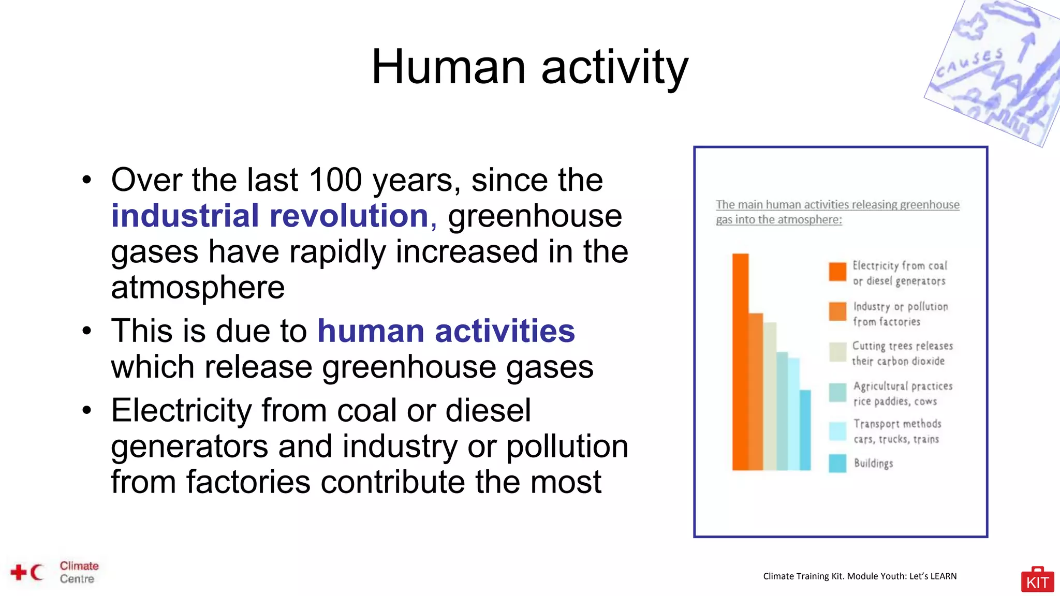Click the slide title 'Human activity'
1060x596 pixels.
pyautogui.click(x=529, y=67)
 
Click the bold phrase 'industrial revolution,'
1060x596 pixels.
pyautogui.click(x=274, y=216)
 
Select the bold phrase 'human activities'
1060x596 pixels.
pyautogui.click(x=446, y=331)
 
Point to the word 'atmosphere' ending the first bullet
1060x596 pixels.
pyautogui.click(x=198, y=288)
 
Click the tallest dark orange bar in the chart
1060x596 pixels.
pyautogui.click(x=740, y=362)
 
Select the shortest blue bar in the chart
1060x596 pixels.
pyautogui.click(x=805, y=429)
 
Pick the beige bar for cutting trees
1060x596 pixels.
pyautogui.click(x=770, y=396)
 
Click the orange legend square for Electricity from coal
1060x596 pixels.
pyautogui.click(x=837, y=272)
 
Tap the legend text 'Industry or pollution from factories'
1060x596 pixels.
pyautogui.click(x=900, y=314)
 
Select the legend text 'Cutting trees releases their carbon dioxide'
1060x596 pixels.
pyautogui.click(x=902, y=353)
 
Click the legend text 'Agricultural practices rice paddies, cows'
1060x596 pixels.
pyautogui.click(x=902, y=394)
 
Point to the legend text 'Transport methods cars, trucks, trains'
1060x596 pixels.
pyautogui.click(x=896, y=431)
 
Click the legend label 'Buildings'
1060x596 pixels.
pyautogui.click(x=873, y=463)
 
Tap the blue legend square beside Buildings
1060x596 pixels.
pyautogui.click(x=837, y=463)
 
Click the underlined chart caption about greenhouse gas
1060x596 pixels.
pyautogui.click(x=837, y=212)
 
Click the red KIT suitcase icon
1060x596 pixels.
pyautogui.click(x=1037, y=580)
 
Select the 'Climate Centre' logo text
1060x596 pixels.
pyautogui.click(x=79, y=572)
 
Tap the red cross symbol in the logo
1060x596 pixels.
pyautogui.click(x=19, y=572)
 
